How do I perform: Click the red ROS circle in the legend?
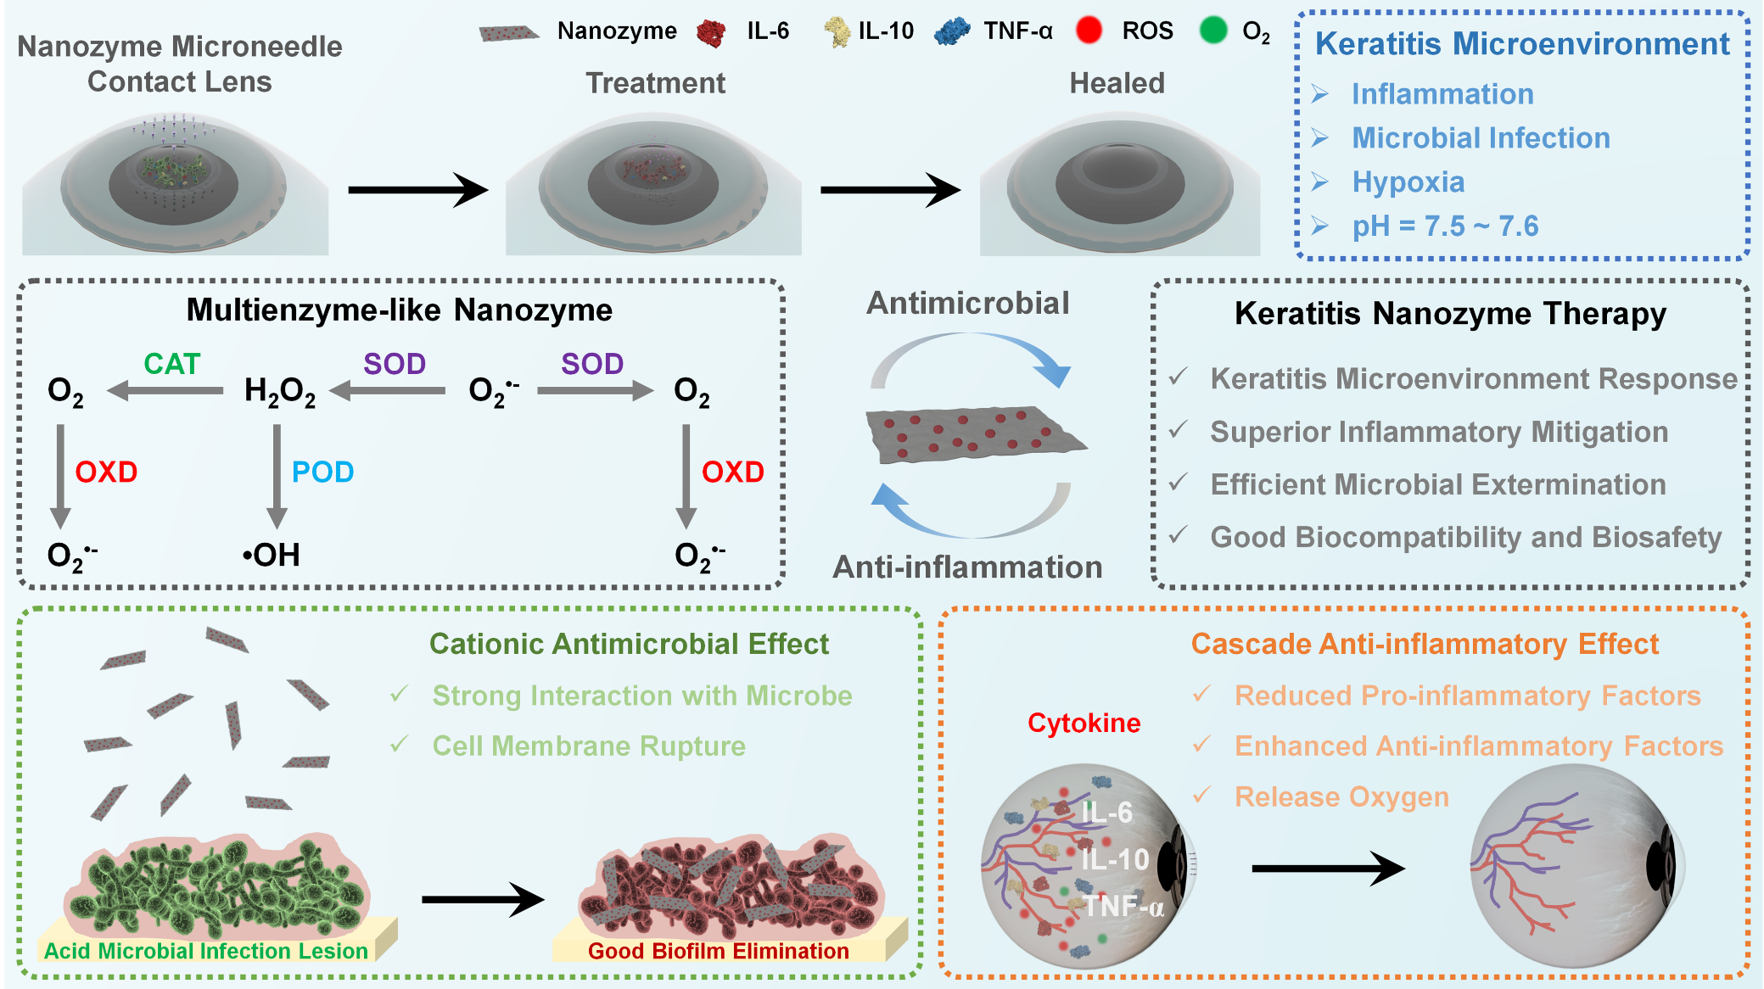(x=1089, y=31)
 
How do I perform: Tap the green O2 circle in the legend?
(x=1213, y=31)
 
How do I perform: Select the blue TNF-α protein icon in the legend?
(x=952, y=31)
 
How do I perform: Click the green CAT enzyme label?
(x=171, y=364)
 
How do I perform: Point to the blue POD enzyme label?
(x=322, y=472)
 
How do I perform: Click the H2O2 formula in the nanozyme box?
(x=279, y=391)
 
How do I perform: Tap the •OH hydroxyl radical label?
(x=271, y=556)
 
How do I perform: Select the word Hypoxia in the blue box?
(x=1408, y=182)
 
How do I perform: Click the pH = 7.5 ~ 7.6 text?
(x=1444, y=226)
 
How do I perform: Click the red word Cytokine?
(x=1084, y=723)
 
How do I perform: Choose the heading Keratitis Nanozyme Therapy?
(x=1450, y=314)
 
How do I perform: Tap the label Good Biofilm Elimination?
(x=718, y=951)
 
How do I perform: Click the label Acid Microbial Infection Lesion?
(x=205, y=951)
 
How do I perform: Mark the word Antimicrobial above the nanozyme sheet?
(x=967, y=303)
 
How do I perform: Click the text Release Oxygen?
(x=1341, y=797)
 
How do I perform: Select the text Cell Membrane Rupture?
(x=589, y=746)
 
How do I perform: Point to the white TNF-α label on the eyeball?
(x=1122, y=906)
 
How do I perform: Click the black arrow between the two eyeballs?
(x=1327, y=869)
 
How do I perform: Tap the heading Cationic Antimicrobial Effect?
(x=629, y=644)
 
